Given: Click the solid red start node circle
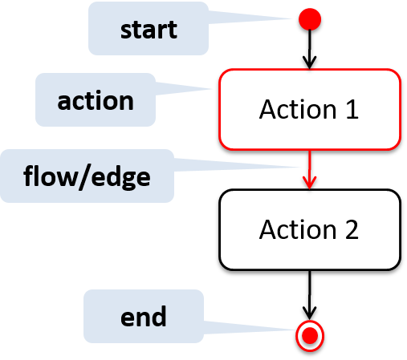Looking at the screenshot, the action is [x=310, y=19].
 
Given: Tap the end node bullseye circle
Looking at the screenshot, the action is [x=310, y=335].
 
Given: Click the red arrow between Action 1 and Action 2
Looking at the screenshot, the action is [x=310, y=169].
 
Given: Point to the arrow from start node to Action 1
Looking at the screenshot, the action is [x=310, y=50].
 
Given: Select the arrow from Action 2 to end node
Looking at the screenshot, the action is [x=310, y=295].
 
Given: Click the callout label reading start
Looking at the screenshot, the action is [x=149, y=29].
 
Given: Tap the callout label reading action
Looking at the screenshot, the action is [x=96, y=100].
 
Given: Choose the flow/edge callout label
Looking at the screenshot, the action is [x=87, y=176].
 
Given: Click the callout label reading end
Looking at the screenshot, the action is [x=144, y=317].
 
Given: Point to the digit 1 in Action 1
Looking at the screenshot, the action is [x=352, y=109].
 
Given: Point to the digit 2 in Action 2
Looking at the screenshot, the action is [x=352, y=229].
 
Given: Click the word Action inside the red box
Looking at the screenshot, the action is [x=298, y=109].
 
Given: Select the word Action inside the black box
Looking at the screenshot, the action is [x=298, y=229].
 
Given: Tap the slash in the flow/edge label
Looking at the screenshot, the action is [x=85, y=177].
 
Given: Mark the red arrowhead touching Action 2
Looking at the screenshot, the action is [x=310, y=183].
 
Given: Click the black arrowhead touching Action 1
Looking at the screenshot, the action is [x=310, y=63].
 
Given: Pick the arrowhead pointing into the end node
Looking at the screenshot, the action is [x=310, y=313].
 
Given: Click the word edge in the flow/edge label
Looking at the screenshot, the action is [x=120, y=178].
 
